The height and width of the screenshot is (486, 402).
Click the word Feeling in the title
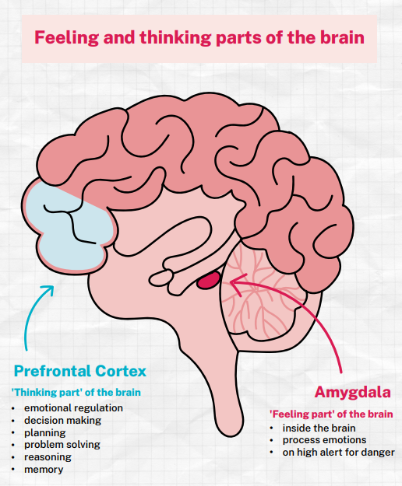click(x=66, y=38)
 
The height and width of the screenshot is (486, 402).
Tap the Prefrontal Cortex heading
click(x=80, y=371)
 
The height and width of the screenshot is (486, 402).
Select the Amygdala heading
click(x=352, y=393)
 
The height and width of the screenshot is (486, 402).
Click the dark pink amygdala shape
click(x=209, y=280)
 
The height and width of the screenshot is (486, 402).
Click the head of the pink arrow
click(x=238, y=283)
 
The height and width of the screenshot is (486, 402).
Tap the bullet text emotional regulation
click(x=73, y=408)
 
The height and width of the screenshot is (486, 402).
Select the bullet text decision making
click(x=62, y=420)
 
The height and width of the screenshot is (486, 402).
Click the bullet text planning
click(x=45, y=432)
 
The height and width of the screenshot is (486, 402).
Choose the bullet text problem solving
click(x=62, y=445)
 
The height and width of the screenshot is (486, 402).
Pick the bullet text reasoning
click(x=48, y=457)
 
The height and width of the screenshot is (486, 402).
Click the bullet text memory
click(x=44, y=470)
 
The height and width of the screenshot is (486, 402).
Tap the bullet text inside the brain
click(x=319, y=428)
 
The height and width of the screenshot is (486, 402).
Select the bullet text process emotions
click(x=324, y=440)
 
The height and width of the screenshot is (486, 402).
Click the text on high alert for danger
click(x=338, y=453)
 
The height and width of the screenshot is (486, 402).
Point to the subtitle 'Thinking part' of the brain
click(x=76, y=393)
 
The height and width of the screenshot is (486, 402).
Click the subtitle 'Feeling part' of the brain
click(x=331, y=414)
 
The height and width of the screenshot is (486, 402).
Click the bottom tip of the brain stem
click(x=231, y=435)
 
